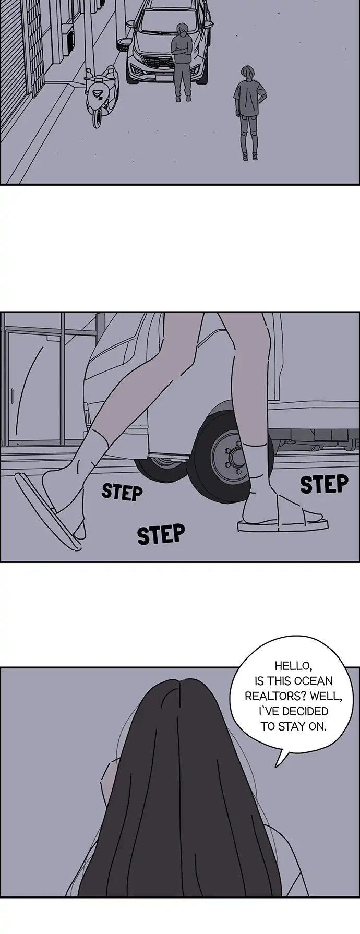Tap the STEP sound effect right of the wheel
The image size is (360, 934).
pos(324,485)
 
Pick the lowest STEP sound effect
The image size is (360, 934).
pos(161,534)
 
